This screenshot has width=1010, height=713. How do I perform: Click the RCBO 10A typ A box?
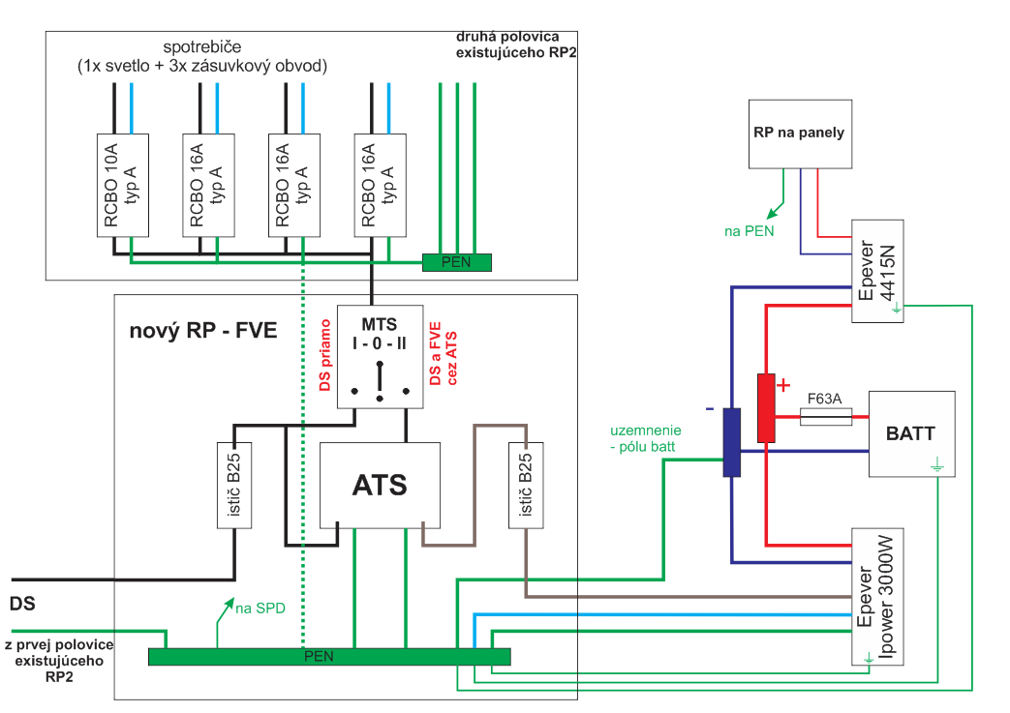click(x=122, y=186)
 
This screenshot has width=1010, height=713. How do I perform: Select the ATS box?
click(x=380, y=486)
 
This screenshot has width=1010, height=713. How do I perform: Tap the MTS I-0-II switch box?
click(x=380, y=356)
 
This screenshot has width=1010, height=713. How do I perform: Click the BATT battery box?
click(x=911, y=433)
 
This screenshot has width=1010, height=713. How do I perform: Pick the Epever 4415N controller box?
click(x=877, y=271)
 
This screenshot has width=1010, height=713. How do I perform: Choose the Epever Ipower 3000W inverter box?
click(x=877, y=597)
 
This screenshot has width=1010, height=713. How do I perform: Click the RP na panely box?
click(x=800, y=134)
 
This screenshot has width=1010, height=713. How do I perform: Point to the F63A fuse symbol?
click(x=826, y=417)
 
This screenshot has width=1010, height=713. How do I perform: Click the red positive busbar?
click(x=766, y=408)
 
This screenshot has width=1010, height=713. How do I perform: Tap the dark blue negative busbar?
click(x=732, y=442)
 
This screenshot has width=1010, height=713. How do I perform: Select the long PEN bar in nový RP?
click(x=329, y=656)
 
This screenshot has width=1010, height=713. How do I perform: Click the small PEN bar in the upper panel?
click(x=457, y=262)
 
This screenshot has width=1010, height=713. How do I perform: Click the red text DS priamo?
click(x=325, y=355)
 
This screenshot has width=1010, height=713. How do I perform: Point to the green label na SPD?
click(x=260, y=609)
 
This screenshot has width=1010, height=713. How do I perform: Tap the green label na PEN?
click(x=750, y=231)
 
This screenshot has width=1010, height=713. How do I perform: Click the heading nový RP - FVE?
click(x=203, y=330)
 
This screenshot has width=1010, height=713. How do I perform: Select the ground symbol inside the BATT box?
click(x=937, y=464)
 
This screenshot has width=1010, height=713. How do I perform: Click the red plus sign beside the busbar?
click(x=783, y=385)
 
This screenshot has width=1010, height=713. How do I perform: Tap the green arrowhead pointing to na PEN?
click(x=772, y=213)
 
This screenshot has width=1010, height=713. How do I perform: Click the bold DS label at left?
click(x=22, y=604)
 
